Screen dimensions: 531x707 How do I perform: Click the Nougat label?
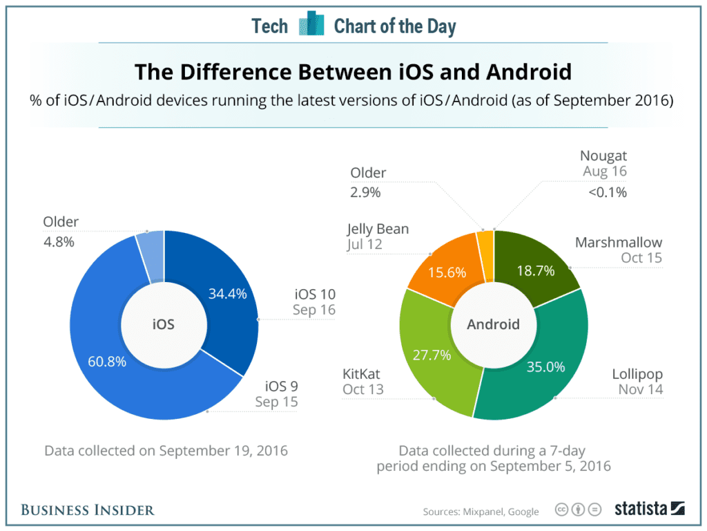pos(603,156)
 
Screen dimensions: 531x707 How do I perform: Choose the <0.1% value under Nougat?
pos(608,193)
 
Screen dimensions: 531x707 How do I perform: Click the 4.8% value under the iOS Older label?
pos(59,242)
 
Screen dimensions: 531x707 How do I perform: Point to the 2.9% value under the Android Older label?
pos(365,193)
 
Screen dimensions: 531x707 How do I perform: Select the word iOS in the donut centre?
pos(164,324)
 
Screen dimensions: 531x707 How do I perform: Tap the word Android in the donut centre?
pos(493,324)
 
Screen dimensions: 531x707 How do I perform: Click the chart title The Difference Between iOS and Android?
pos(353,72)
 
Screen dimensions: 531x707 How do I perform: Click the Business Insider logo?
pos(88,510)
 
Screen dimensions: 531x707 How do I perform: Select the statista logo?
pos(649,509)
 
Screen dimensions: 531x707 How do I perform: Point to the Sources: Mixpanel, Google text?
pos(481,512)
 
